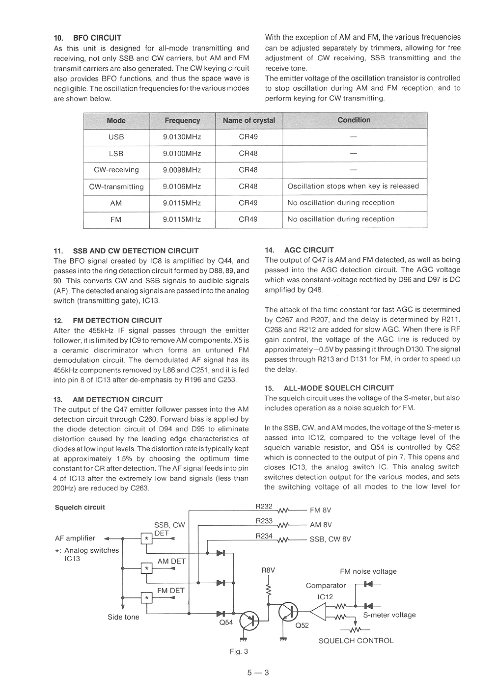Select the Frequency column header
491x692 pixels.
tap(182, 121)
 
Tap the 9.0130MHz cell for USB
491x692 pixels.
tap(182, 137)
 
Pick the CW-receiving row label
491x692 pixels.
tap(116, 170)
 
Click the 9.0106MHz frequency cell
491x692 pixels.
tap(182, 187)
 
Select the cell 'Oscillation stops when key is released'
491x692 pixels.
tap(353, 186)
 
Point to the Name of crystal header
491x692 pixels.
tap(249, 121)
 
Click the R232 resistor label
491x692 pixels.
tap(264, 506)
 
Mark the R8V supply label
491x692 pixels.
tap(268, 570)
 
